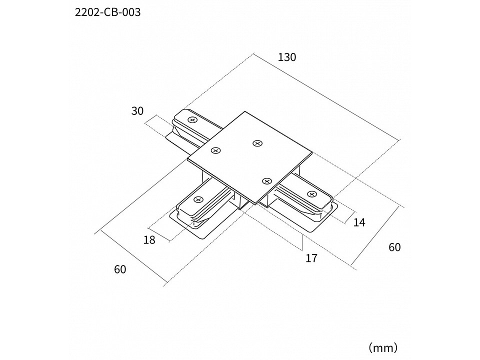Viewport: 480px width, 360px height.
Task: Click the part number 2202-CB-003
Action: (108, 12)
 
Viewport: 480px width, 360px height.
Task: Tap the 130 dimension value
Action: (287, 57)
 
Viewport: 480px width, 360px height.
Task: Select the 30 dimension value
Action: (137, 111)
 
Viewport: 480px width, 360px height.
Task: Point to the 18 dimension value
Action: (149, 240)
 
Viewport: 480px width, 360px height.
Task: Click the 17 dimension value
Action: (311, 258)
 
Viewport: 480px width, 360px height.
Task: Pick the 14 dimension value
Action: (359, 222)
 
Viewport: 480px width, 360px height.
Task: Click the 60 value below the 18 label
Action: (120, 269)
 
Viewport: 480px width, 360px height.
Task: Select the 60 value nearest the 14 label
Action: (394, 247)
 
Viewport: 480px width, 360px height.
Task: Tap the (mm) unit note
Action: (383, 348)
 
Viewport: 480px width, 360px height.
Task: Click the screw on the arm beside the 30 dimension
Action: (192, 120)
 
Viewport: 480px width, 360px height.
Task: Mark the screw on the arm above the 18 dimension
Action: (198, 200)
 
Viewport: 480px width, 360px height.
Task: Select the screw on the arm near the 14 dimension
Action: (311, 194)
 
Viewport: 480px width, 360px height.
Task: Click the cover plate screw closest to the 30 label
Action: (216, 150)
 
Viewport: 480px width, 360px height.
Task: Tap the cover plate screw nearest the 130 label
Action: (257, 143)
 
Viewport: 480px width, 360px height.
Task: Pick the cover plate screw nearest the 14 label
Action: (267, 181)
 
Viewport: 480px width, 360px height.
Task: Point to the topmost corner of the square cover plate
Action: (245, 111)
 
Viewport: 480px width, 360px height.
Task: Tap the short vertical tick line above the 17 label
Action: (302, 242)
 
